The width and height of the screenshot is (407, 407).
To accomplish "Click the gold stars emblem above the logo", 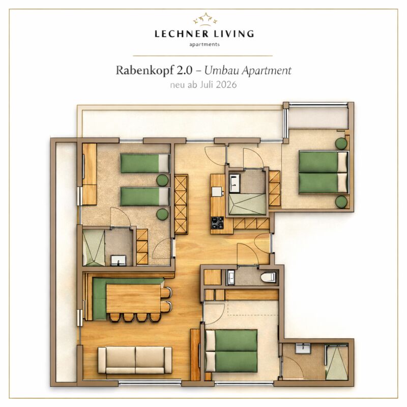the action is [x=205, y=19].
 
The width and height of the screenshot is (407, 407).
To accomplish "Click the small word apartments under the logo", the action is [x=205, y=44].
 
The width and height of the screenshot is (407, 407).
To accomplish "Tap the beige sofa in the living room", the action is [x=135, y=361].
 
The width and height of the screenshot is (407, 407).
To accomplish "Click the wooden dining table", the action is [x=133, y=299].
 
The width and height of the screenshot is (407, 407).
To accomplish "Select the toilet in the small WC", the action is [x=268, y=277].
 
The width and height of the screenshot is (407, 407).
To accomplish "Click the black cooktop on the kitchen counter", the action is [x=217, y=223].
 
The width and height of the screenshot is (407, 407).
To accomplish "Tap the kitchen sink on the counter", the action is [x=217, y=192].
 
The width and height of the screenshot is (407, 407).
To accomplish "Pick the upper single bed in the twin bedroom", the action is [x=145, y=163].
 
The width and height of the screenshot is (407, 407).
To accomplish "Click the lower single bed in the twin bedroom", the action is [x=145, y=197].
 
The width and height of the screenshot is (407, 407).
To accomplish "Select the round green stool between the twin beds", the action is [x=162, y=180].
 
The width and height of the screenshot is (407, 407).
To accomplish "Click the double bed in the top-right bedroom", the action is [x=323, y=172].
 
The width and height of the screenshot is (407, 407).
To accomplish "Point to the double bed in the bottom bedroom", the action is [x=231, y=351].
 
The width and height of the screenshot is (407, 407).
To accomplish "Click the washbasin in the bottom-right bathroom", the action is [x=303, y=348].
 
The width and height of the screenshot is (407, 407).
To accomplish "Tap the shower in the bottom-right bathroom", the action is [x=337, y=362].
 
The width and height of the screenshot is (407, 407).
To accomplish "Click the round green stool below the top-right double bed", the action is [x=341, y=201].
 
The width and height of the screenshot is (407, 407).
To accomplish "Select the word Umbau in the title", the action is [x=221, y=71].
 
